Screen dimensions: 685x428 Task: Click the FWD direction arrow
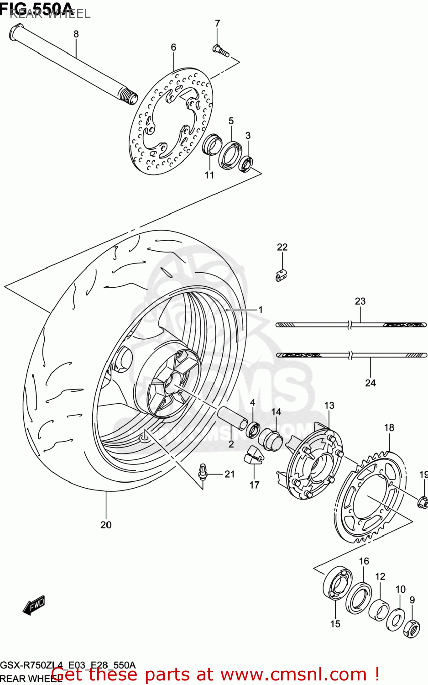click(x=34, y=606)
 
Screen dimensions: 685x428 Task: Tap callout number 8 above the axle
click(x=76, y=34)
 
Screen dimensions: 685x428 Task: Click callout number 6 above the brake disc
click(x=173, y=47)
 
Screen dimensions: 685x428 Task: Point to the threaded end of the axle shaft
click(x=128, y=96)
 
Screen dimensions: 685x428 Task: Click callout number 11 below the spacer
click(x=209, y=175)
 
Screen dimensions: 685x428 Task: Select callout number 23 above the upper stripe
click(x=360, y=301)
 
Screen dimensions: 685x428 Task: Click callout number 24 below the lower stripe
click(x=370, y=383)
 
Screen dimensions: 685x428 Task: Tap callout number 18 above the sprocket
click(x=389, y=427)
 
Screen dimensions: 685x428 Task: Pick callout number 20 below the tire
click(x=106, y=525)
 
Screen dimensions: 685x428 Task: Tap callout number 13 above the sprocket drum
click(x=329, y=405)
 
